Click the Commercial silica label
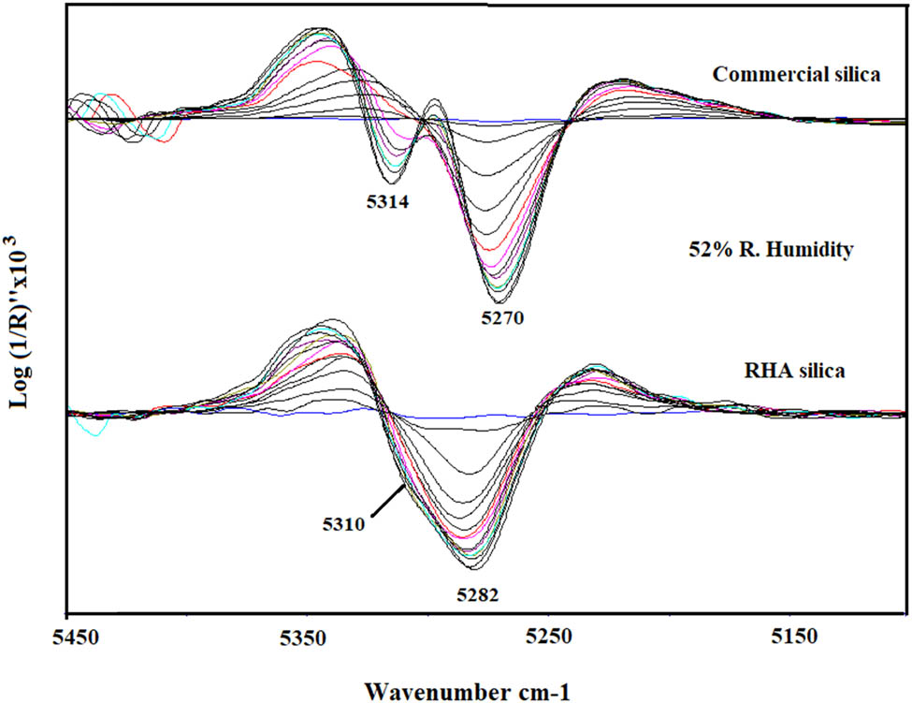(795, 74)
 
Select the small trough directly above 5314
(391, 181)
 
